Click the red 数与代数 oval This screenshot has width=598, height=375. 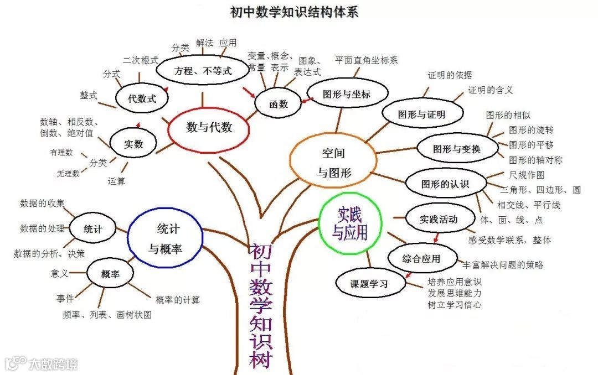coord(209,128)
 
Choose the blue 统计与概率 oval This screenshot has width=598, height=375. coord(164,238)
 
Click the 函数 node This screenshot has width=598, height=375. coord(279,104)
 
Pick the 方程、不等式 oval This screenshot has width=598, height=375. coord(202,71)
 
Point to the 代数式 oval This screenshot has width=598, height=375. coord(142,99)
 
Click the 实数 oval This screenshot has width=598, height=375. coord(133,144)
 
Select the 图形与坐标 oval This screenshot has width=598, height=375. coord(347,94)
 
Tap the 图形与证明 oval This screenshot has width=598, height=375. coord(422,114)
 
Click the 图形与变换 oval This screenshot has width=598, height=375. coord(457,149)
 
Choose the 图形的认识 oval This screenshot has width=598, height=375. coord(445,184)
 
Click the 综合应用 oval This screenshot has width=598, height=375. coord(422,258)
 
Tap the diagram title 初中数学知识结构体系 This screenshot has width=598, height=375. coord(294,12)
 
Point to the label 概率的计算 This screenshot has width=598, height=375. coord(178,300)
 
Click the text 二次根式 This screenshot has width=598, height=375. coord(141,59)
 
